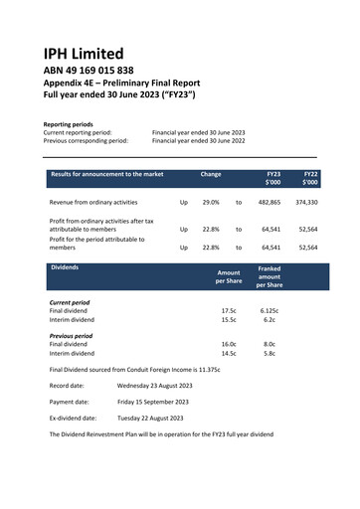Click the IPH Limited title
pyautogui.click(x=84, y=53)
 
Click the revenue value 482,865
pyautogui.click(x=269, y=202)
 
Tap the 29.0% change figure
pyautogui.click(x=211, y=202)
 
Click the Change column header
pyautogui.click(x=211, y=175)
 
